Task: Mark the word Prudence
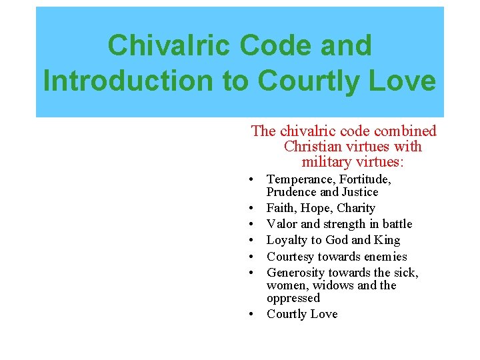tap(291, 192)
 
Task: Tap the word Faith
tap(282, 208)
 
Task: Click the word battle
tap(396, 224)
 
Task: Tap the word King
tap(387, 240)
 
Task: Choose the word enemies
tap(383, 257)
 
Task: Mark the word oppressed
tap(293, 298)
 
